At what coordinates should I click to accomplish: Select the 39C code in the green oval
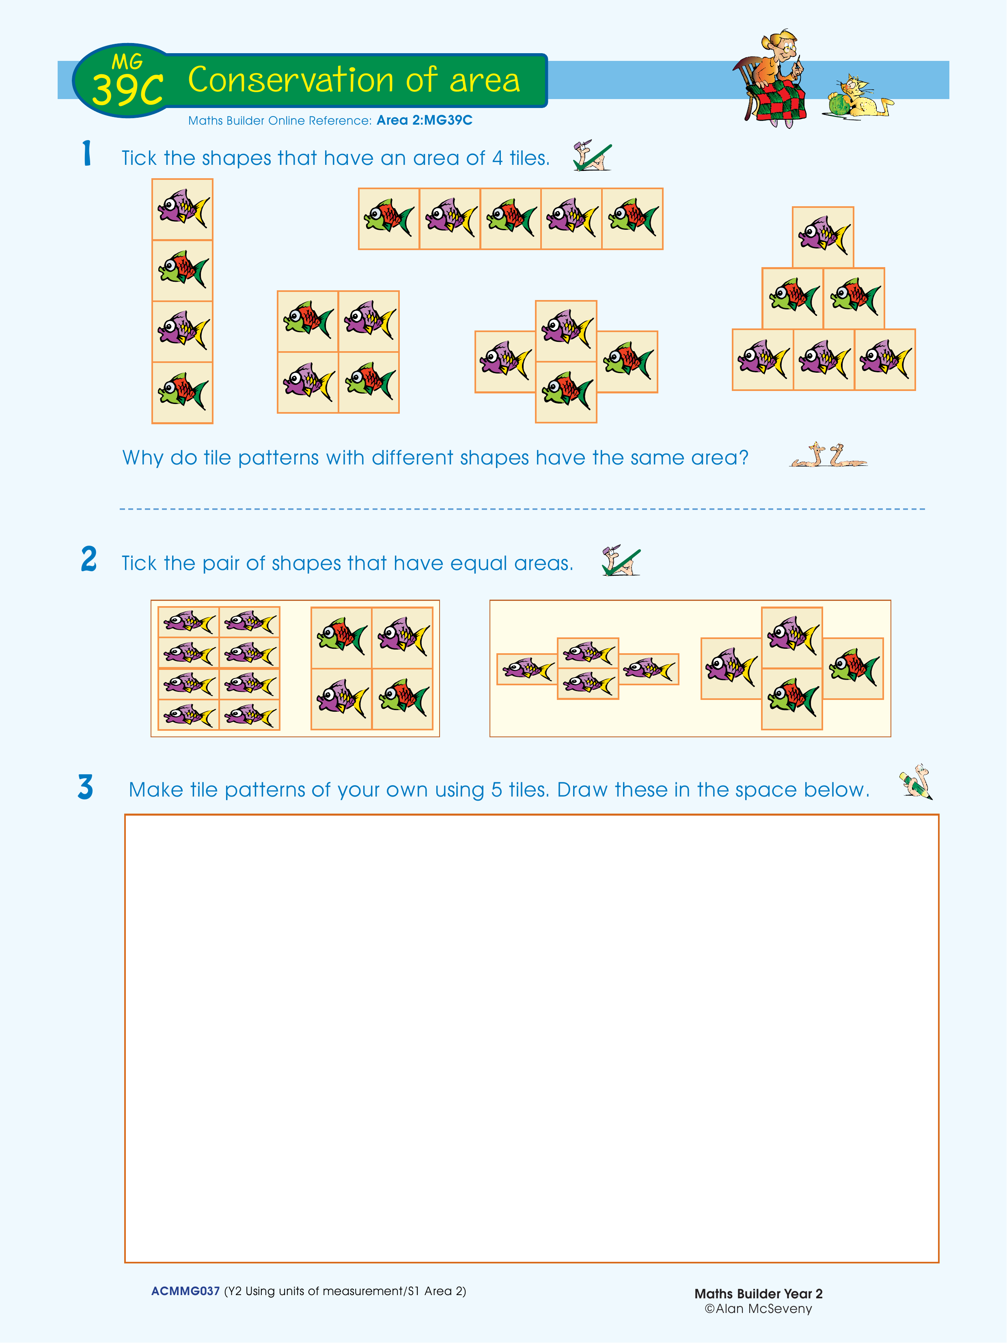(127, 89)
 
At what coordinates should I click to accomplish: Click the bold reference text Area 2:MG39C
(424, 120)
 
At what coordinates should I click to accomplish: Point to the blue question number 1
(87, 153)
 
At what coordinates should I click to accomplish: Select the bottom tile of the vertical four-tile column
(182, 392)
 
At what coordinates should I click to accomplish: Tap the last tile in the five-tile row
(632, 218)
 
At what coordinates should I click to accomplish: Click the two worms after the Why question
(828, 455)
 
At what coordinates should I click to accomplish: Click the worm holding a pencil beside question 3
(916, 782)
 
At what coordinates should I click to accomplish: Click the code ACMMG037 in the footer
(185, 1291)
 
